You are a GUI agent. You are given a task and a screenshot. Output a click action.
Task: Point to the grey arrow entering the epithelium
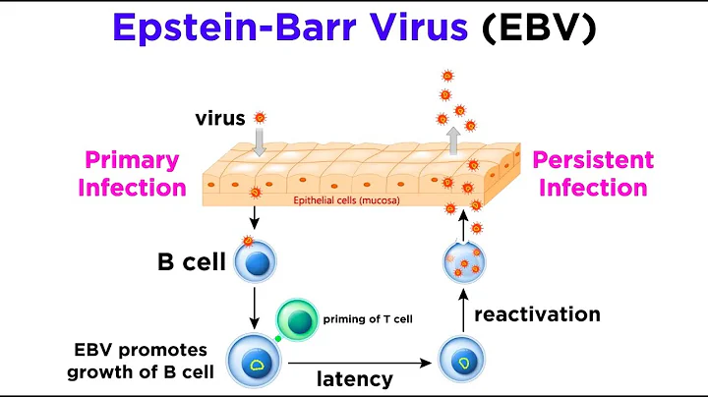(x=260, y=143)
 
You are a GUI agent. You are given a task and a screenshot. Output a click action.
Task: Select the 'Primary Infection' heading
(x=132, y=173)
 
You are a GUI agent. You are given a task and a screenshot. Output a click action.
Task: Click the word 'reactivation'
(x=536, y=314)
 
